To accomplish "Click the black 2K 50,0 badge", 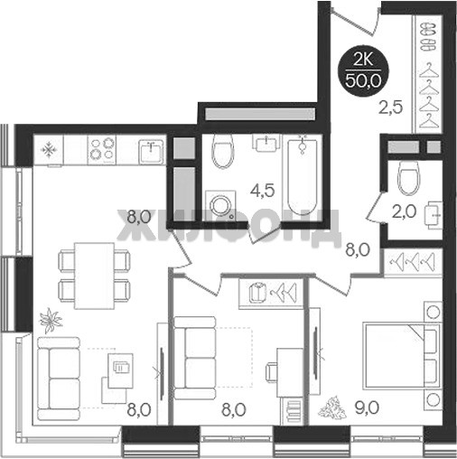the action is [363, 72].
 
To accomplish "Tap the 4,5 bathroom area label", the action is [264, 191].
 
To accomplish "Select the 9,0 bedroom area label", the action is [366, 408].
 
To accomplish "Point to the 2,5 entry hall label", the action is [391, 108].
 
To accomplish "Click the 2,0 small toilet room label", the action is [405, 211].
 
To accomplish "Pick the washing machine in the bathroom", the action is [220, 205].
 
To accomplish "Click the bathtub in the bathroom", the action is [303, 177].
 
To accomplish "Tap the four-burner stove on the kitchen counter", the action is [102, 150].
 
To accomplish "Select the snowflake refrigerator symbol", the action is [49, 150].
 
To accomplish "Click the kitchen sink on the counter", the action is [152, 152].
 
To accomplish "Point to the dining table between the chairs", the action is [95, 276].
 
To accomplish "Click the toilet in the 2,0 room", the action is [408, 178].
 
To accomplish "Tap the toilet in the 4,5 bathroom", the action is [223, 151].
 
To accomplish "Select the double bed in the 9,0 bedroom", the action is [401, 356].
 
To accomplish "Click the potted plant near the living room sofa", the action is [51, 320].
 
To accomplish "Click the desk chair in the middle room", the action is [271, 372].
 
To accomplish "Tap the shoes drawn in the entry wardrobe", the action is [428, 37].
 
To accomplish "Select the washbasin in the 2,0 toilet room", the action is [434, 215].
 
